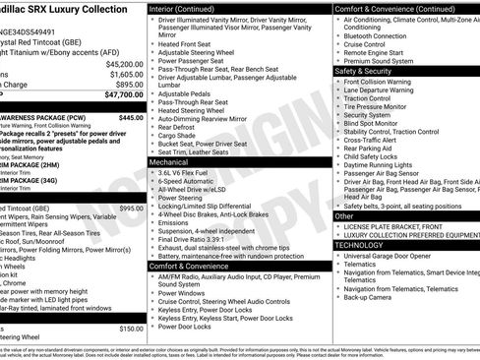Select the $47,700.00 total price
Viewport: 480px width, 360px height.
click(122, 95)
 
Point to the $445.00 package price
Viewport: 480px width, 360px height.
click(131, 117)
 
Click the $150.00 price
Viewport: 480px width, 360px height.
click(131, 330)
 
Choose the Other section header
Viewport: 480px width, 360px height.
click(345, 215)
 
